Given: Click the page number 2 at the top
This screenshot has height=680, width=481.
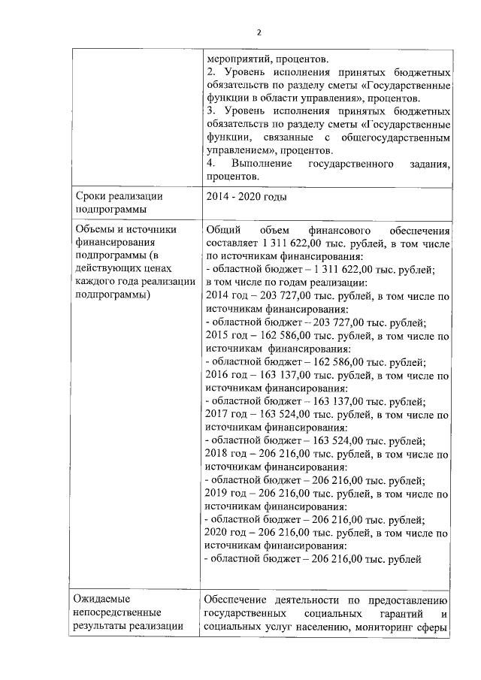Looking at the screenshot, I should point(259,32).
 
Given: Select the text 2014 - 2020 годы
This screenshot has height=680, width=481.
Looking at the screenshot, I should point(244,196).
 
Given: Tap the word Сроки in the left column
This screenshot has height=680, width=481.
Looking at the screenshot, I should point(93,196).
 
